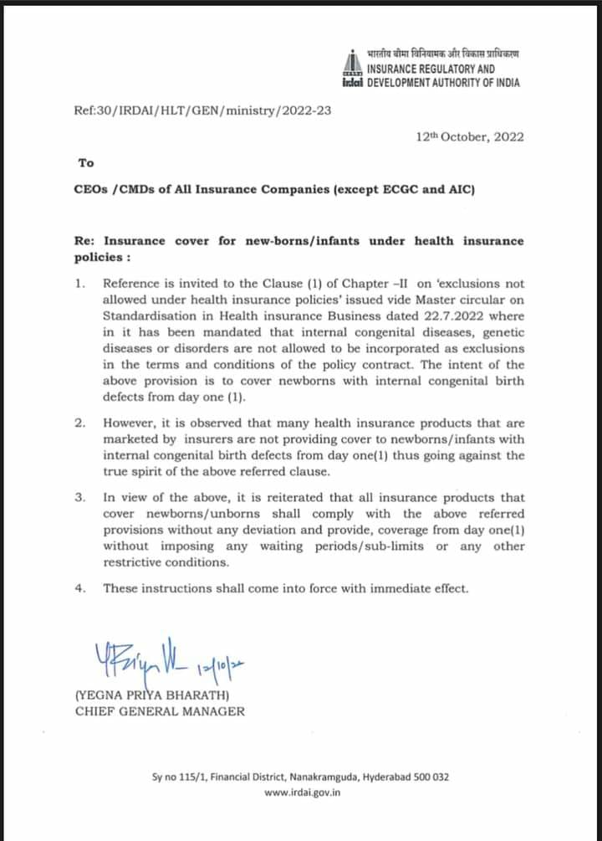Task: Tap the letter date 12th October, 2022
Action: click(469, 136)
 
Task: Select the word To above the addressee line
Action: click(86, 163)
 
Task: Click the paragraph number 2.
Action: click(79, 423)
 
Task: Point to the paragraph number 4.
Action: click(79, 588)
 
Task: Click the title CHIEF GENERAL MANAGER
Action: click(160, 711)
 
